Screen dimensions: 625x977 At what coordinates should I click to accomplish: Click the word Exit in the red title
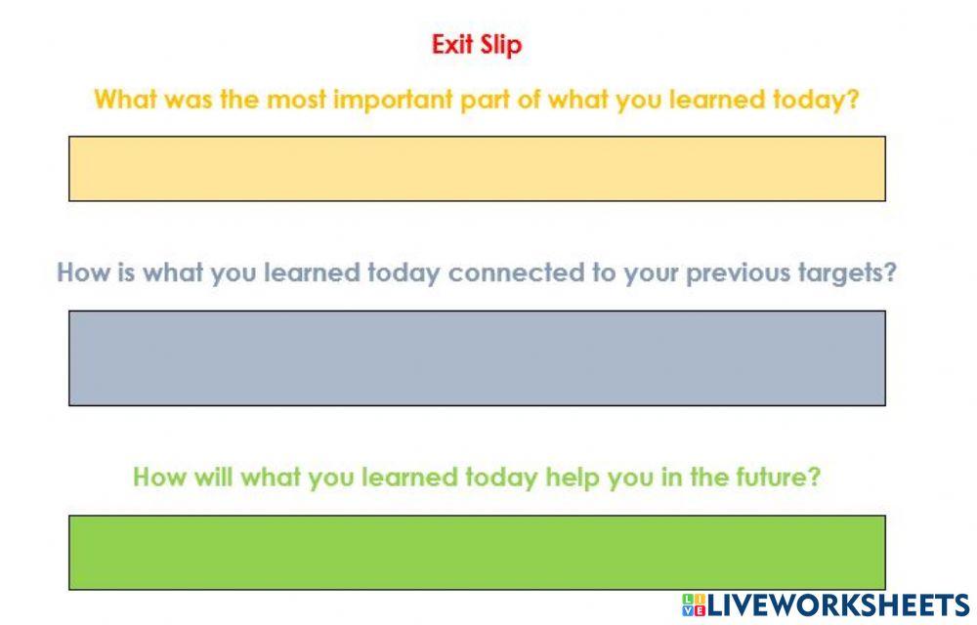(x=452, y=45)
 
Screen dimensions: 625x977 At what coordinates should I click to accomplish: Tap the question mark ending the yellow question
(x=853, y=100)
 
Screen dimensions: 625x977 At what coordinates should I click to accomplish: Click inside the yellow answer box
(x=477, y=169)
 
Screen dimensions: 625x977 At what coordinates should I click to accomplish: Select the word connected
(x=511, y=272)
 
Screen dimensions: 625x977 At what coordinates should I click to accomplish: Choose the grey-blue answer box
(x=477, y=357)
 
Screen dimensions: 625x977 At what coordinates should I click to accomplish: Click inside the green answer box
(x=477, y=552)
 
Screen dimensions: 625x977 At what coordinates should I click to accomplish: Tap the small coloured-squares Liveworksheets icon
(x=694, y=604)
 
